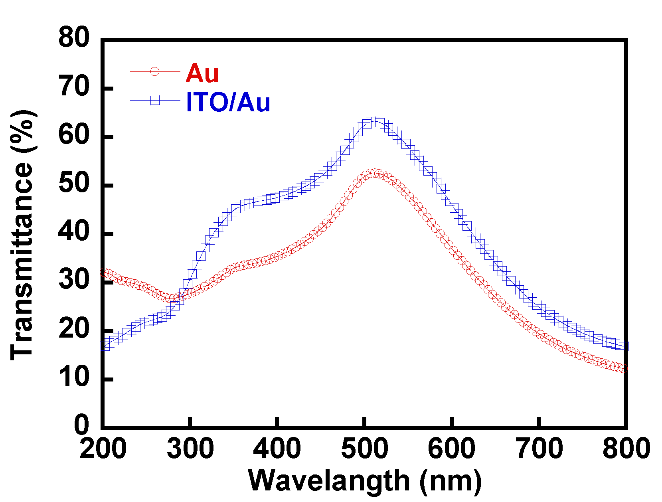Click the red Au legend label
coord(202,73)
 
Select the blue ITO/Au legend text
coord(228,102)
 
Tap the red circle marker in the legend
coord(155,71)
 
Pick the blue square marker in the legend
coord(155,100)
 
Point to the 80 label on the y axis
coord(74,38)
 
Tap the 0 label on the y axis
coord(82,425)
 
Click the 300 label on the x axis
coord(190,449)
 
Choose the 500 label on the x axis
coord(364,449)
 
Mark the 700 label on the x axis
coord(539,449)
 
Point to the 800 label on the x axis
coord(626,449)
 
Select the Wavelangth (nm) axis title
coord(365,480)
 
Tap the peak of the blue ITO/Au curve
coord(373,121)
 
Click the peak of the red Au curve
coord(373,173)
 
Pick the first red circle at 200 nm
coord(104,273)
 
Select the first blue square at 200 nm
coord(105,346)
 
